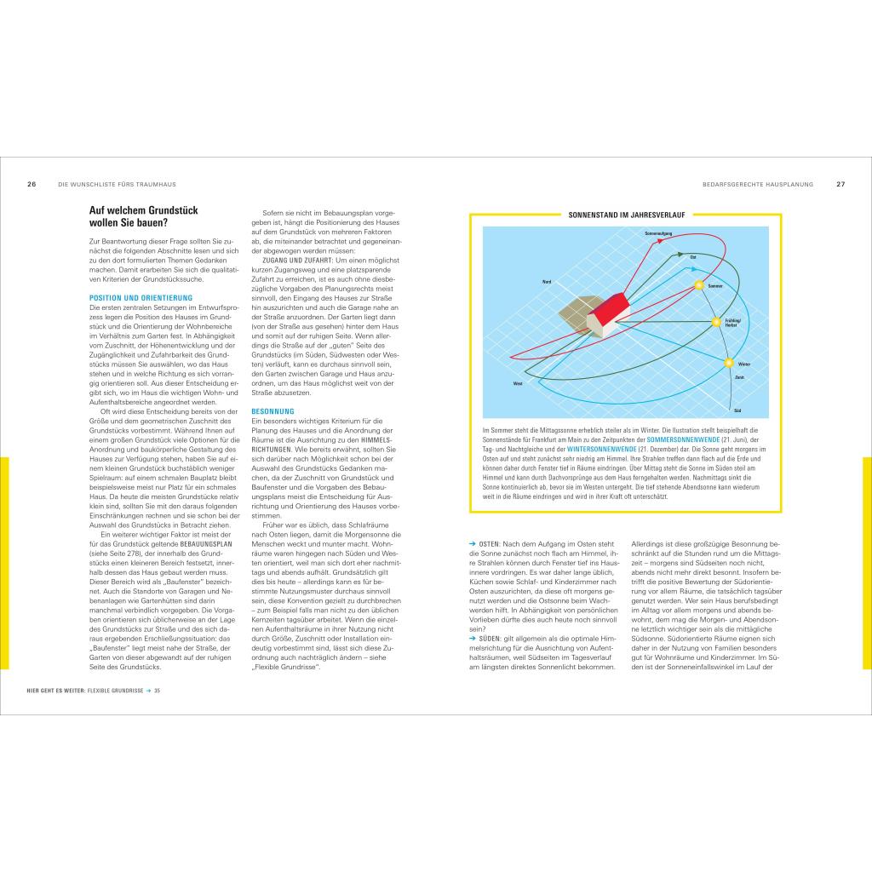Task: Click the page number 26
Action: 32,184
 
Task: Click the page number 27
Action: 840,184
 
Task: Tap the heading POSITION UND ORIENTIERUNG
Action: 141,298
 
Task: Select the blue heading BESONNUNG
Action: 272,411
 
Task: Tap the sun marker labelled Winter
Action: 729,364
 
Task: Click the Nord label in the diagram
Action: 547,281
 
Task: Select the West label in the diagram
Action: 518,384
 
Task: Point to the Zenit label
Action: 739,376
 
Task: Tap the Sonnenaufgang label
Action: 658,232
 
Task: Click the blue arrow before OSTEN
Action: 473,543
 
